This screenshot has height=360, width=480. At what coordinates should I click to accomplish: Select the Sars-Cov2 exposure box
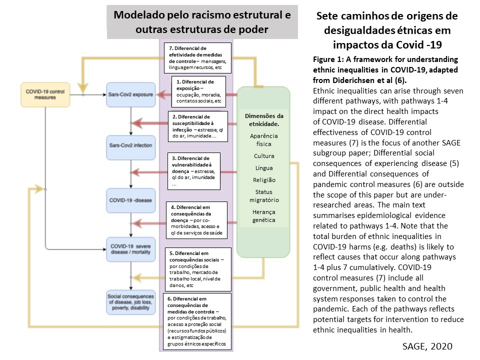[130, 94]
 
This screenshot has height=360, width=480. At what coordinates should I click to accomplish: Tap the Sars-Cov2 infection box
[130, 145]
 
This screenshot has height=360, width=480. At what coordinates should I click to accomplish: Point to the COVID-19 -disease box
[130, 200]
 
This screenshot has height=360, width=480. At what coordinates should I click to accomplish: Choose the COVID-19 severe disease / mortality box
[130, 248]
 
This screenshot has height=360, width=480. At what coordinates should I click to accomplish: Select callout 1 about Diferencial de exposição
[199, 90]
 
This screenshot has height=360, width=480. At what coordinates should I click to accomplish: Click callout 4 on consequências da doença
[198, 220]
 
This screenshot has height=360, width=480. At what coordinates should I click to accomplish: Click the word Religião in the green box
[264, 179]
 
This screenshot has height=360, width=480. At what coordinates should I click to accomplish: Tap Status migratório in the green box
[264, 196]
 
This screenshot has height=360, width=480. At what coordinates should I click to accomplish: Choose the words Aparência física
[264, 139]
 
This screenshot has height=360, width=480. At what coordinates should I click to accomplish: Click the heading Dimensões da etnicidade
[264, 119]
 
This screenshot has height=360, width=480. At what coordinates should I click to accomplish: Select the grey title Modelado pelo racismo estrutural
[202, 22]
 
